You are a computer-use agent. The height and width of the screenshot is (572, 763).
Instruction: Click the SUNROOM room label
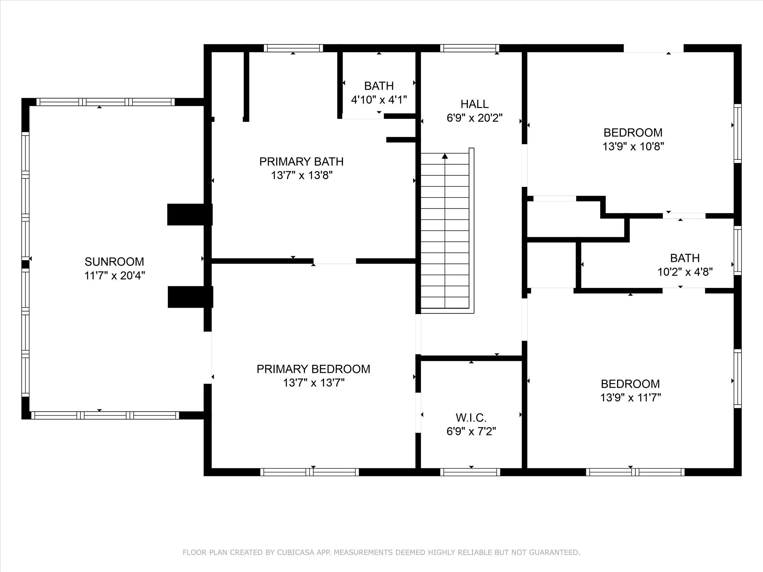click(114, 262)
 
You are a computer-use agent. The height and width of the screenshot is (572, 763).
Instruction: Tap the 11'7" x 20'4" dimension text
click(114, 276)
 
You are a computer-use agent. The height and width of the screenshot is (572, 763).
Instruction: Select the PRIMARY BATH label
click(301, 161)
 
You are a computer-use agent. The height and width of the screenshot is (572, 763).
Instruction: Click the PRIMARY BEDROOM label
click(313, 369)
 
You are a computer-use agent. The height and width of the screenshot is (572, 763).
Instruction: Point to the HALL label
click(474, 104)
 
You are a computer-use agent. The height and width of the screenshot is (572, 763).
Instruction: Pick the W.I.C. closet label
click(471, 418)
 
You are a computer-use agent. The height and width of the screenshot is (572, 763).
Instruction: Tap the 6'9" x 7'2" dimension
click(471, 431)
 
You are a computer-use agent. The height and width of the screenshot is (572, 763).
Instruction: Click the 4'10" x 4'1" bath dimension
click(379, 100)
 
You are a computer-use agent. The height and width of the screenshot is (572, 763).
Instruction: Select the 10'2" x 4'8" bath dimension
click(685, 272)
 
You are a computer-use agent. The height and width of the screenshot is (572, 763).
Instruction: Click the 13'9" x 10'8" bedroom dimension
click(633, 146)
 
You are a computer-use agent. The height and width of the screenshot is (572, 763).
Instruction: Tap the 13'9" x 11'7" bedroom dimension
click(630, 398)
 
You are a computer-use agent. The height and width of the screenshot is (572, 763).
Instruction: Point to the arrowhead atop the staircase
click(445, 156)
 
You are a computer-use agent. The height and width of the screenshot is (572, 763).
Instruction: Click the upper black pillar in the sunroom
click(190, 214)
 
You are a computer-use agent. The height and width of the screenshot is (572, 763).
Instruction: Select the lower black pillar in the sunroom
click(190, 297)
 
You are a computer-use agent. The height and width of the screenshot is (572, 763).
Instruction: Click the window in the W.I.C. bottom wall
click(470, 472)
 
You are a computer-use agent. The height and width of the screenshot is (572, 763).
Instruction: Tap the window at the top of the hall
click(470, 48)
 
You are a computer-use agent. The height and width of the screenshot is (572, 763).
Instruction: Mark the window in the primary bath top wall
click(293, 48)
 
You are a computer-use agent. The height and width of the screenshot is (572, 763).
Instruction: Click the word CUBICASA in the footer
click(295, 553)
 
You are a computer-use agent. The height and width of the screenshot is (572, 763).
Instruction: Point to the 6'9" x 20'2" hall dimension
click(474, 118)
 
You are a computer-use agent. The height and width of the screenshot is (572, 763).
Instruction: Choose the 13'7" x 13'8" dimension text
click(301, 176)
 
